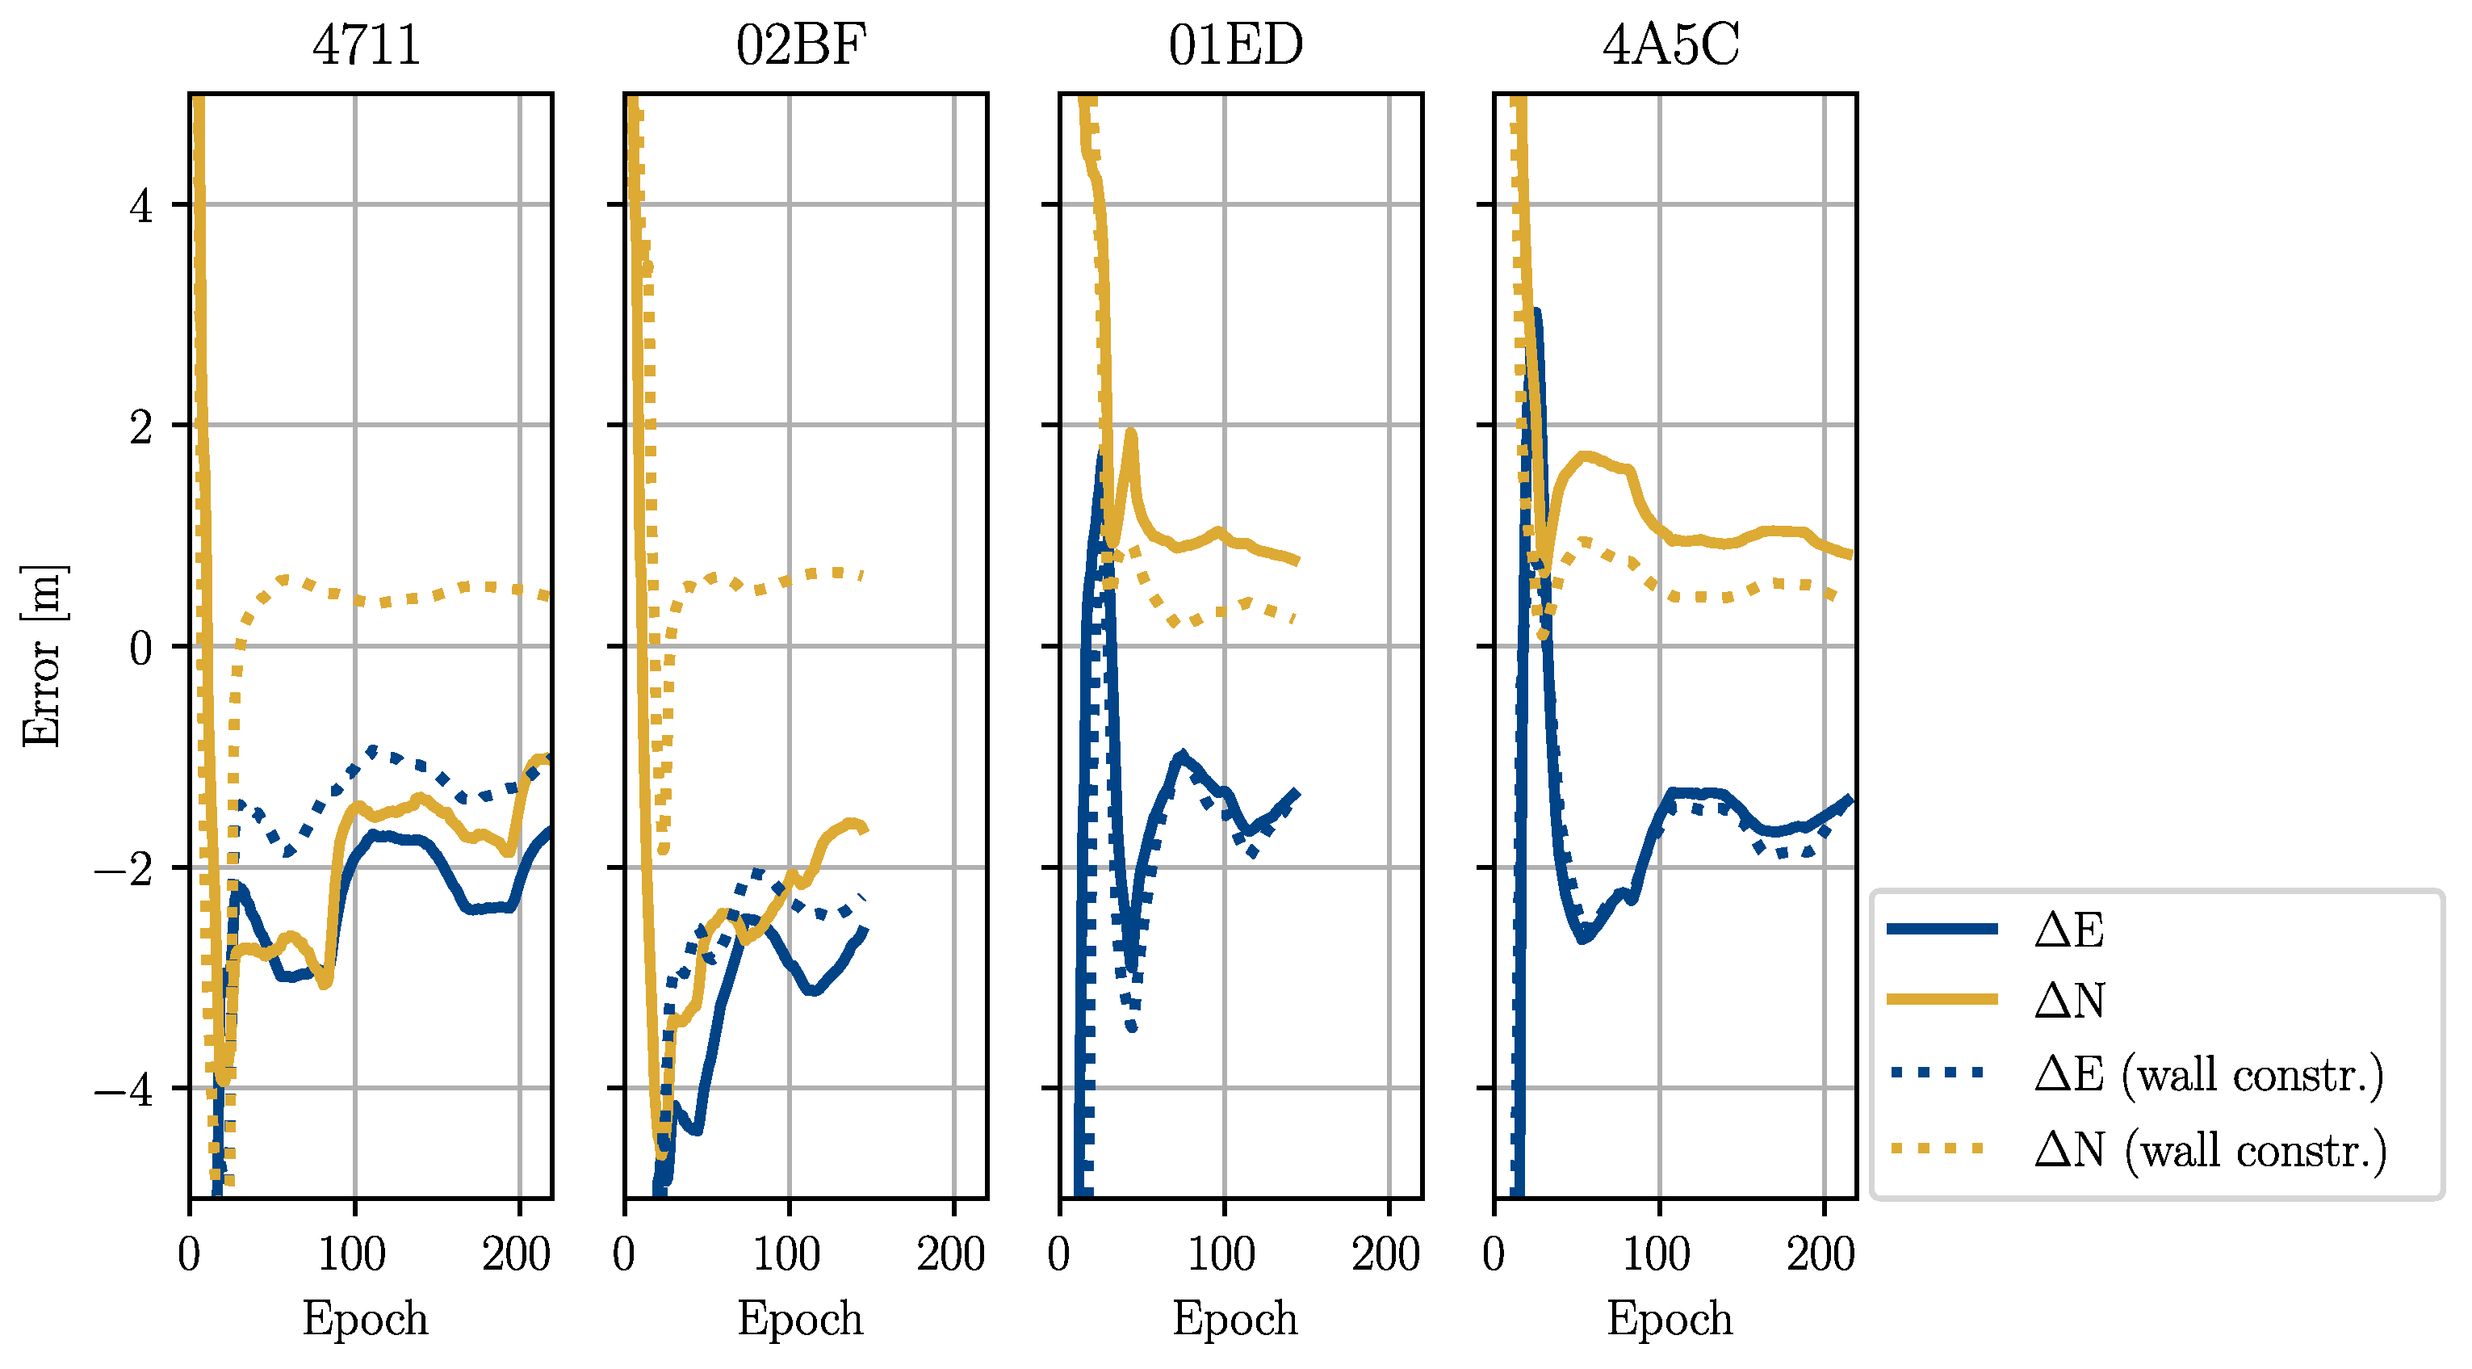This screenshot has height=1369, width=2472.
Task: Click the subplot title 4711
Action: [x=367, y=44]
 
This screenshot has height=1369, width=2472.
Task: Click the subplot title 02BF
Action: [x=802, y=44]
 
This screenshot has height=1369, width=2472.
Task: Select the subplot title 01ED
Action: [x=1236, y=44]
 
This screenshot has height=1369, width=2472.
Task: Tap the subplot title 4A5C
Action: [x=1670, y=44]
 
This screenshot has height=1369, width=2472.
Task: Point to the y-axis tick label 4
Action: [x=141, y=205]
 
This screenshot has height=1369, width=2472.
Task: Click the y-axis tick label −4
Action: [x=125, y=1090]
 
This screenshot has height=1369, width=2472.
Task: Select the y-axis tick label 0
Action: [x=141, y=648]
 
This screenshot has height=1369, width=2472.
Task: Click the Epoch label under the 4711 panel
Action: [x=366, y=1318]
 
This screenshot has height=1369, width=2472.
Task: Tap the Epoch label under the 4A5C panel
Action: [x=1670, y=1318]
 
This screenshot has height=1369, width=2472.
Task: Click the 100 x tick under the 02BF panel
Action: [x=787, y=1254]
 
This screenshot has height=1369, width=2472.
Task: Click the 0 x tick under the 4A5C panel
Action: [x=1494, y=1254]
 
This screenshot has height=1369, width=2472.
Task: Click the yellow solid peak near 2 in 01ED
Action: [x=1130, y=434]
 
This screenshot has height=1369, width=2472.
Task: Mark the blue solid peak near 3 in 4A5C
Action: [x=1536, y=313]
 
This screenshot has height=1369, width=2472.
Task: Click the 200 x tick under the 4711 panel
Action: [x=517, y=1254]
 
